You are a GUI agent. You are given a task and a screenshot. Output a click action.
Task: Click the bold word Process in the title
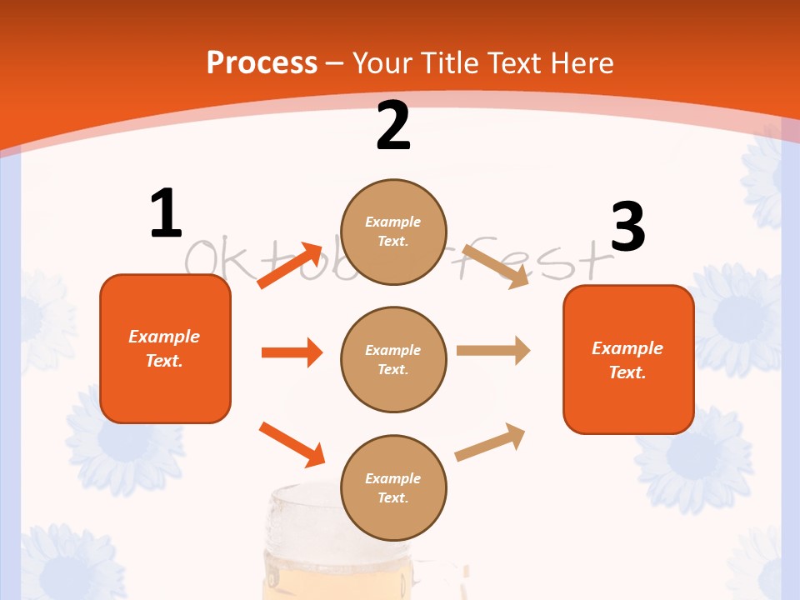tap(262, 62)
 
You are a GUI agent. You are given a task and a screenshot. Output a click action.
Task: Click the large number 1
tap(166, 214)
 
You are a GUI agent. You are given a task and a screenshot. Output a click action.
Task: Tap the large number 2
tap(393, 127)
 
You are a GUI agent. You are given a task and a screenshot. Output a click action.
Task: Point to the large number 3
tap(627, 227)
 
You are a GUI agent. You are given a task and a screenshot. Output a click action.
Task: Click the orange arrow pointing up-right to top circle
tap(289, 266)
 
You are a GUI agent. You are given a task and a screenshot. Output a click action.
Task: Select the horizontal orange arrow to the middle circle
tap(291, 352)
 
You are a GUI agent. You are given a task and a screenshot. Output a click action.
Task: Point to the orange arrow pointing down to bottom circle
tap(292, 444)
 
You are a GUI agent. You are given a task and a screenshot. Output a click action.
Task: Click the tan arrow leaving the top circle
tap(496, 266)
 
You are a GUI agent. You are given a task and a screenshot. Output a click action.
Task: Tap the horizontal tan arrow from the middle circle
tap(492, 351)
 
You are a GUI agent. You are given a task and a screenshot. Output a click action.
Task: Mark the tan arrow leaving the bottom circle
tap(490, 442)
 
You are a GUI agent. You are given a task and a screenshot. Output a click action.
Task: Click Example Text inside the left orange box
tap(164, 348)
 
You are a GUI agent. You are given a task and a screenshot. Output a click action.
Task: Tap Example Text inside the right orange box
tap(627, 360)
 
